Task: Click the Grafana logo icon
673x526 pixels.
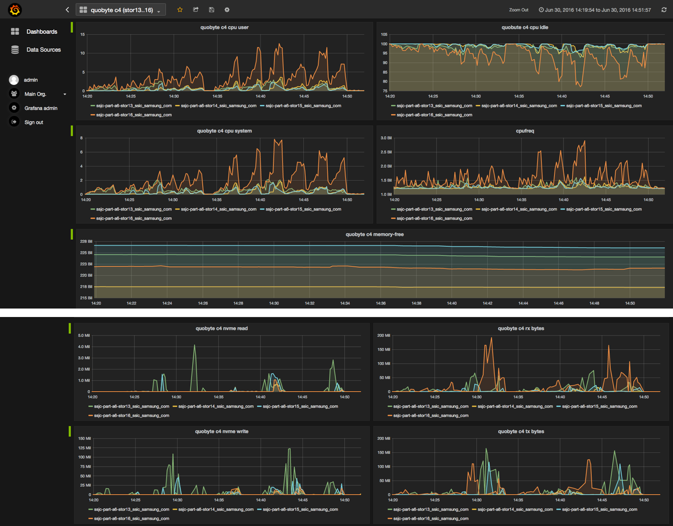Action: tap(15, 9)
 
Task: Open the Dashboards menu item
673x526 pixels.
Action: tap(41, 31)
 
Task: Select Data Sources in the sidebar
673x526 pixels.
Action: tap(43, 50)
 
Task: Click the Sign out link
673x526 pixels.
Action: tap(33, 122)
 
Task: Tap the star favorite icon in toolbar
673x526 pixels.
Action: tap(180, 9)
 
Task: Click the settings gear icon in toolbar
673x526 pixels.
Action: tap(227, 9)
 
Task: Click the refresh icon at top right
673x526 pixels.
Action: tap(664, 9)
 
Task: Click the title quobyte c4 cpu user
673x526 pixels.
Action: tap(224, 27)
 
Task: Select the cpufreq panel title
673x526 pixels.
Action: tap(525, 131)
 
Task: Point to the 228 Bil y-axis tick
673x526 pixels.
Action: tap(86, 241)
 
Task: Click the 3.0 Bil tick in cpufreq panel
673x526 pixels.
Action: tap(386, 138)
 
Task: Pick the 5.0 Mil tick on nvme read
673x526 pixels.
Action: tap(84, 335)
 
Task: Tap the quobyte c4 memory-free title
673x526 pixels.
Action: tap(374, 234)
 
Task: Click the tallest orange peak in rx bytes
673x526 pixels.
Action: tap(491, 338)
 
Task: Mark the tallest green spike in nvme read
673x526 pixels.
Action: tap(194, 346)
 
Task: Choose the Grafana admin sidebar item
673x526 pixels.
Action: tap(40, 108)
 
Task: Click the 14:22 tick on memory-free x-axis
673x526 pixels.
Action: tap(132, 303)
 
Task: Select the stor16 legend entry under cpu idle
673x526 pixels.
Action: tap(434, 115)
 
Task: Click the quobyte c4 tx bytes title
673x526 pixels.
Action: tap(521, 431)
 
